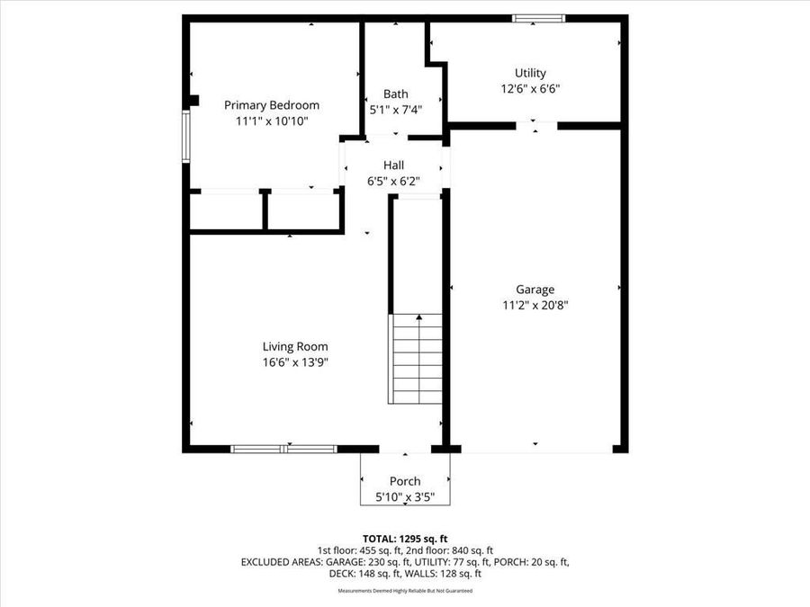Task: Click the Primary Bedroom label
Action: [271, 105]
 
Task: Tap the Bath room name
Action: [395, 94]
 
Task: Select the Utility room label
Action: [530, 73]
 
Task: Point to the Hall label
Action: [393, 165]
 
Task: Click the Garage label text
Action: [535, 290]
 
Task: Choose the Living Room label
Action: [294, 346]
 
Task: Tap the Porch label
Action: [404, 481]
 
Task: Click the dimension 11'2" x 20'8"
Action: [535, 305]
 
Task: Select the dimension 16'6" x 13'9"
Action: [294, 362]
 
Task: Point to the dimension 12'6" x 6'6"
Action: [530, 89]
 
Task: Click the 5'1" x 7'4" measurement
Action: [395, 110]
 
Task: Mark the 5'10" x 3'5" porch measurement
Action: [404, 496]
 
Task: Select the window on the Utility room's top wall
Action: [538, 18]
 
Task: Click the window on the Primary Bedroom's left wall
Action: [186, 136]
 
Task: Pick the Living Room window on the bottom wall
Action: [283, 448]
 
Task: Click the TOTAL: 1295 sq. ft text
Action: [404, 538]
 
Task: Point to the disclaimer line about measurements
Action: [404, 591]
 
